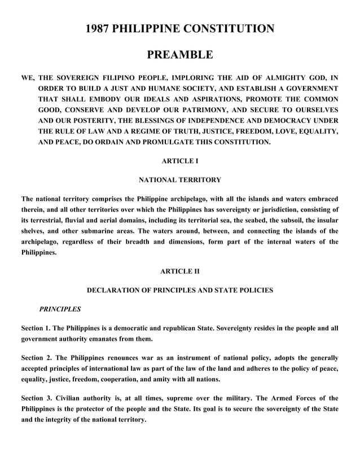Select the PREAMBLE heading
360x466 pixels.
click(180, 55)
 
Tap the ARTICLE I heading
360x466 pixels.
click(180, 161)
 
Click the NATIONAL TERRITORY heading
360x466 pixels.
click(180, 180)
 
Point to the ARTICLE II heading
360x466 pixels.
click(180, 271)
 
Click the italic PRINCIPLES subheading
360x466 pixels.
click(59, 309)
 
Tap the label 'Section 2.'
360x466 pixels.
click(42, 358)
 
